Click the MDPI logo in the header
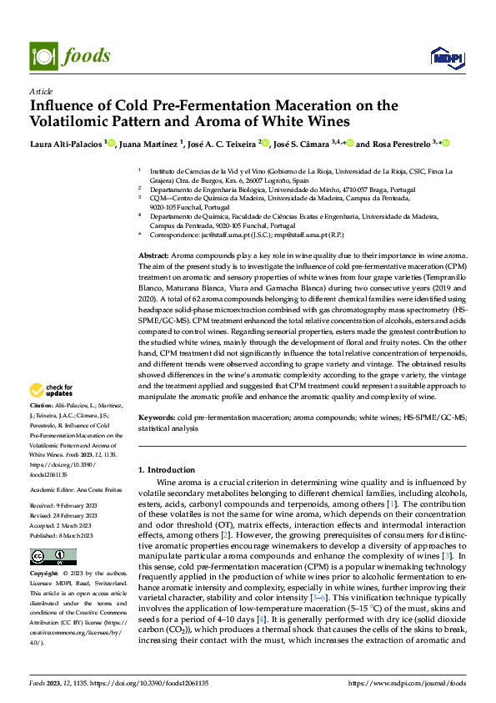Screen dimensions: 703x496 pos(442,57)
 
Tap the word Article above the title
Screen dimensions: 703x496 pos(41,91)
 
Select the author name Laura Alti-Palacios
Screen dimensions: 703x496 pos(66,144)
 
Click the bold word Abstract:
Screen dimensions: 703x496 pos(154,253)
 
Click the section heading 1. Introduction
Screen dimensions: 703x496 pos(170,470)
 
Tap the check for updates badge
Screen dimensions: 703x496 pos(51,390)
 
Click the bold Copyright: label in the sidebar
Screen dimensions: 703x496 pos(46,574)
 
